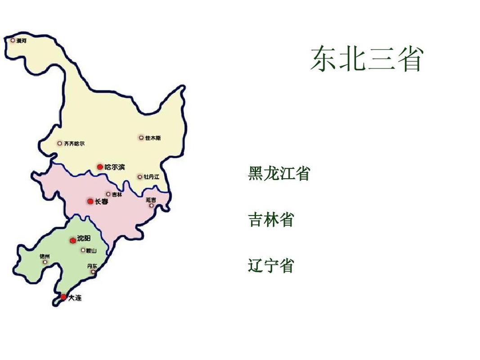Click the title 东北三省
pyautogui.click(x=367, y=58)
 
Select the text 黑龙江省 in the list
pyautogui.click(x=279, y=173)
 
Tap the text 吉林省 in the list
pyautogui.click(x=271, y=220)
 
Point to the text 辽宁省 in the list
pyautogui.click(x=271, y=265)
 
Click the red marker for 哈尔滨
pyautogui.click(x=100, y=167)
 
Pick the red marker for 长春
pyautogui.click(x=90, y=202)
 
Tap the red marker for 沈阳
pyautogui.click(x=72, y=241)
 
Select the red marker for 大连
pyautogui.click(x=63, y=297)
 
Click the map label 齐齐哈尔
pyautogui.click(x=74, y=144)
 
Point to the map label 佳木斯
pyautogui.click(x=153, y=138)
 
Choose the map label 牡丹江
pyautogui.click(x=152, y=177)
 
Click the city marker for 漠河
pyautogui.click(x=13, y=40)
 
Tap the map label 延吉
pyautogui.click(x=151, y=199)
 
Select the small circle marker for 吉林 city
pyautogui.click(x=108, y=194)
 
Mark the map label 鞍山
pyautogui.click(x=91, y=250)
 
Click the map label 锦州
pyautogui.click(x=45, y=256)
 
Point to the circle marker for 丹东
pyautogui.click(x=93, y=272)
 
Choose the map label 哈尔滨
pyautogui.click(x=115, y=167)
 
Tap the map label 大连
pyautogui.click(x=75, y=298)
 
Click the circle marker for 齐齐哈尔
pyautogui.click(x=59, y=144)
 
